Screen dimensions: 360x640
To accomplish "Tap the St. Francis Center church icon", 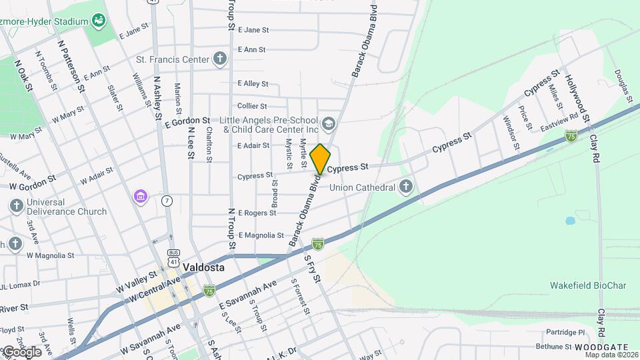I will [220, 59].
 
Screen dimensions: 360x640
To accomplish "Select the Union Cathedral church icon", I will [406, 188].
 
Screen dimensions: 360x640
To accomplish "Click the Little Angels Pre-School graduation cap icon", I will [328, 123].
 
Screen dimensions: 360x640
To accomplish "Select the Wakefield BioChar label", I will [588, 285].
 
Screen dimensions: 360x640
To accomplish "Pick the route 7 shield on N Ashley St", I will [167, 201].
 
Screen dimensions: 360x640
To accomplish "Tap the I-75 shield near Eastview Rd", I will [571, 136].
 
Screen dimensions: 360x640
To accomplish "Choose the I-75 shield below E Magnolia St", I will [318, 244].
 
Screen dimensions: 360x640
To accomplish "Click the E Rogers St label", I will [257, 213].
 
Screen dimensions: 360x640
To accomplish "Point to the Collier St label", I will [252, 106].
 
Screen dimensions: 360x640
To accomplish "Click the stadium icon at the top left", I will [99, 21].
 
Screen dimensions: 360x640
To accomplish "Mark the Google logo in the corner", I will [22, 351].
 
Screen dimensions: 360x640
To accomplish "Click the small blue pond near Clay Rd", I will [571, 220].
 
